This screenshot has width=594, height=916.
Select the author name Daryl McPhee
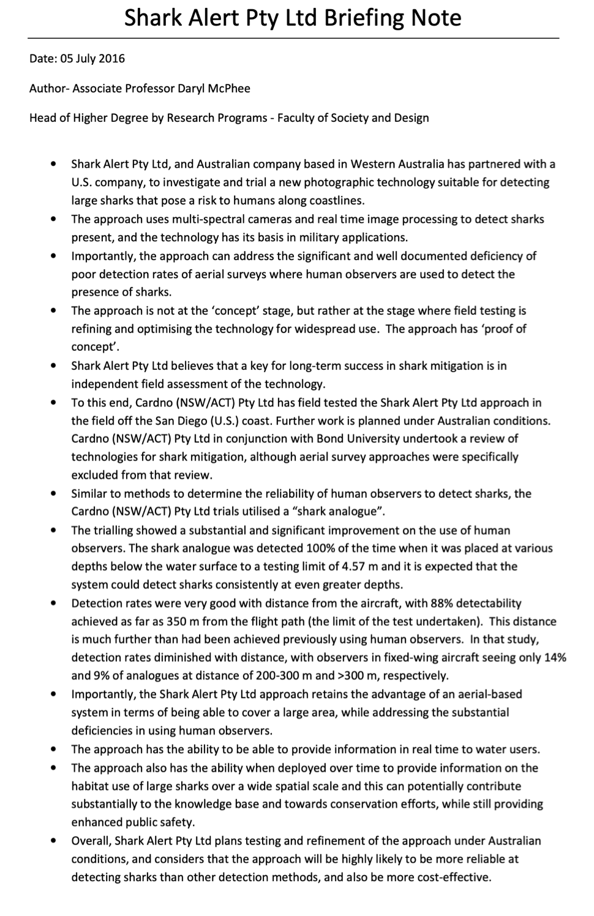[x=214, y=88]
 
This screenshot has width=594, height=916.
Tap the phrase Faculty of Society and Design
[x=353, y=118]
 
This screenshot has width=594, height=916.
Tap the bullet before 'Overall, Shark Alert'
[x=55, y=841]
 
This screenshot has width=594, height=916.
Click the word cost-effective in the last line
[x=454, y=877]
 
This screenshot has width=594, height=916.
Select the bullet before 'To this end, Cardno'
[x=55, y=403]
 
